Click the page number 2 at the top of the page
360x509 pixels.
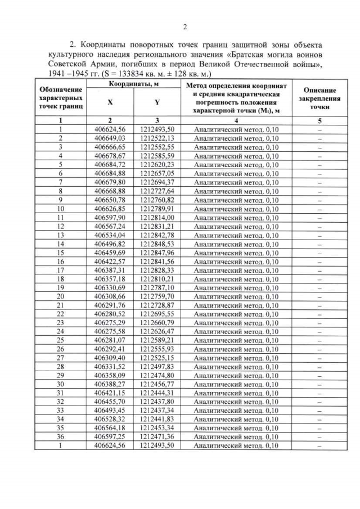pyautogui.click(x=184, y=26)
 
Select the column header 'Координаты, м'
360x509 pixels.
pyautogui.click(x=133, y=84)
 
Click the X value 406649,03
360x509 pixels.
pyautogui.click(x=110, y=138)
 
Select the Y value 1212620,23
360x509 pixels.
pyautogui.click(x=157, y=164)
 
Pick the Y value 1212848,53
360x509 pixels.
pyautogui.click(x=157, y=244)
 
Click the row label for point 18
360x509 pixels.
pyautogui.click(x=61, y=278)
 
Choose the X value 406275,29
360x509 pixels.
pyautogui.click(x=110, y=323)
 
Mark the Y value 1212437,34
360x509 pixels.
pyautogui.click(x=157, y=411)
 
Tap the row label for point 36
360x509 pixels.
pyautogui.click(x=61, y=437)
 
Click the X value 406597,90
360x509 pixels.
pyautogui.click(x=110, y=217)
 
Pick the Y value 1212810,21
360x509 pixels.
pyautogui.click(x=157, y=278)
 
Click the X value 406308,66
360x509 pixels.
pyautogui.click(x=110, y=296)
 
